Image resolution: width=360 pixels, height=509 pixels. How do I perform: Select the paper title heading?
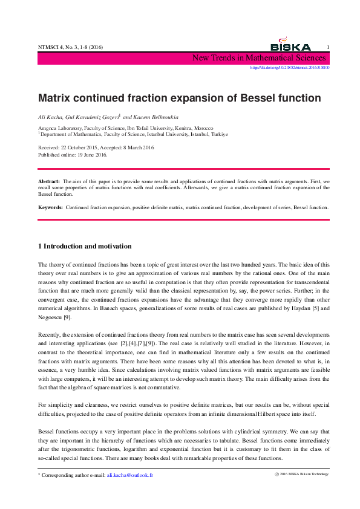tap(180, 97)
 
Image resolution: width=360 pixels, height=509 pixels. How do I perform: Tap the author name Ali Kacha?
tap(50, 115)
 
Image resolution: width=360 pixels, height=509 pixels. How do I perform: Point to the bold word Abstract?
tap(49, 181)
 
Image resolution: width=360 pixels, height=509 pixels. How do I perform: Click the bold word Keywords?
tap(51, 207)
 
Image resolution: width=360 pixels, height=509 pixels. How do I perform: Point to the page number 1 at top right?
tap(327, 48)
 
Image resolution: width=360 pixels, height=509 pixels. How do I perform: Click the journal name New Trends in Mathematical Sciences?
tap(259, 59)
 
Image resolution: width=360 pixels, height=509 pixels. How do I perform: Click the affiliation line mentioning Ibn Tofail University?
tap(125, 129)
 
